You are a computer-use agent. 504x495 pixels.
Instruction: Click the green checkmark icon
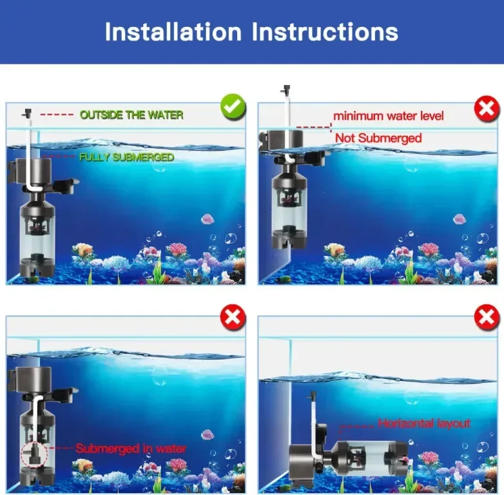pyautogui.click(x=233, y=107)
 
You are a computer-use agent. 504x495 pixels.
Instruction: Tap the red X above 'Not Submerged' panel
pyautogui.click(x=487, y=108)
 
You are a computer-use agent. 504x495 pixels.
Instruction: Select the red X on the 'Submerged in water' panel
pyautogui.click(x=233, y=317)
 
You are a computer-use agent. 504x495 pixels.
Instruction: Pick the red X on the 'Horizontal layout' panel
pyautogui.click(x=487, y=317)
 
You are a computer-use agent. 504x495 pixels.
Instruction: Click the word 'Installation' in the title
pyautogui.click(x=173, y=32)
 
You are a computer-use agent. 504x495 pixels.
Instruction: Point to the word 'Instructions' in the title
pyautogui.click(x=325, y=32)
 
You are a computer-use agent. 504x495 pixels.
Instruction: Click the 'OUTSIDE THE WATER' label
pyautogui.click(x=131, y=115)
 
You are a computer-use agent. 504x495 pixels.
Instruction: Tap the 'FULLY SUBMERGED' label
pyautogui.click(x=126, y=157)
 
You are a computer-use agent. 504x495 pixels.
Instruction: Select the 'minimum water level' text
pyautogui.click(x=388, y=116)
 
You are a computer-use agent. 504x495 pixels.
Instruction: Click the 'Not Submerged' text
pyautogui.click(x=378, y=138)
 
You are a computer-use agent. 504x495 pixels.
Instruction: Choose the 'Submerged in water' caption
pyautogui.click(x=131, y=449)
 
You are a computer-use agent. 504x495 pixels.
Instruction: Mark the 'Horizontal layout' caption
pyautogui.click(x=424, y=423)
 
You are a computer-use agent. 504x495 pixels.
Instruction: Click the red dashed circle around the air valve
pyautogui.click(x=34, y=454)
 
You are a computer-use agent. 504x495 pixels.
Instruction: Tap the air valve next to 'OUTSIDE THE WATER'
pyautogui.click(x=27, y=114)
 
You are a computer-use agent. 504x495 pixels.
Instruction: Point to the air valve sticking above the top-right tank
pyautogui.click(x=286, y=90)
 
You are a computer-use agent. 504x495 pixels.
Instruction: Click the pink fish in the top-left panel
pyautogui.click(x=208, y=219)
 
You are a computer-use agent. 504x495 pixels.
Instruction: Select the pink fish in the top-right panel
pyautogui.click(x=460, y=219)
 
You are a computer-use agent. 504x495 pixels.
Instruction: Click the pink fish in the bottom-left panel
pyautogui.click(x=208, y=435)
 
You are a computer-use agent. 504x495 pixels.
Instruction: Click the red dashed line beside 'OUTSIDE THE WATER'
pyautogui.click(x=57, y=115)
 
